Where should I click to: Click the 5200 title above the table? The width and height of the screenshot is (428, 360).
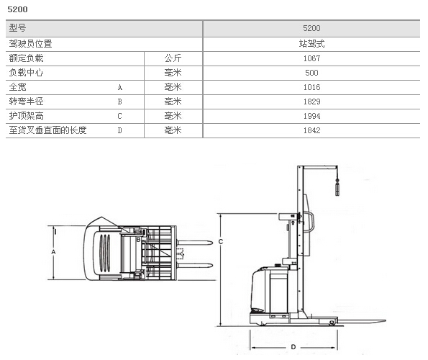click(17, 9)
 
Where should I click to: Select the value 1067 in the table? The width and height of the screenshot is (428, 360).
click(311, 58)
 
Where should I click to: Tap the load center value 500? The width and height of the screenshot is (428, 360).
click(311, 73)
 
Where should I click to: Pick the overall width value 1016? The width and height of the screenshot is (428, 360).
click(311, 87)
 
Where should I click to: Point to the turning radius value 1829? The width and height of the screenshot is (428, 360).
click(311, 102)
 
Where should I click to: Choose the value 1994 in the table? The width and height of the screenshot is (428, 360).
click(311, 116)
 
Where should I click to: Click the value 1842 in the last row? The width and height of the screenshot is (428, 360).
click(311, 130)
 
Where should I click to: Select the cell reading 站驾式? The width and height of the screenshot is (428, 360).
click(311, 44)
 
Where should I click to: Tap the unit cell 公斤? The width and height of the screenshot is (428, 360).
click(173, 58)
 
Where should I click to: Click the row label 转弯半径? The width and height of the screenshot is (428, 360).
click(26, 102)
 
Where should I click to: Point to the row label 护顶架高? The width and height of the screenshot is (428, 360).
click(26, 116)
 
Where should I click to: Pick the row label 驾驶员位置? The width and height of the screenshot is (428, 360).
click(30, 44)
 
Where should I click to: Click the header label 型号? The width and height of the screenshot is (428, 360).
click(17, 28)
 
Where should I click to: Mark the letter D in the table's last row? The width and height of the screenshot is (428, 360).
click(119, 130)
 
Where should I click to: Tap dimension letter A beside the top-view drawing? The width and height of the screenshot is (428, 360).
click(53, 252)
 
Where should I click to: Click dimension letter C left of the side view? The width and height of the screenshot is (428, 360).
click(221, 242)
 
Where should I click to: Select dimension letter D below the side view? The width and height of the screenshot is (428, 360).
click(293, 347)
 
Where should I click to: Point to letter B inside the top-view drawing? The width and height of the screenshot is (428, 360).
click(138, 240)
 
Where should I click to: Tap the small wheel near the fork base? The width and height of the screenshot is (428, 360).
click(332, 323)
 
